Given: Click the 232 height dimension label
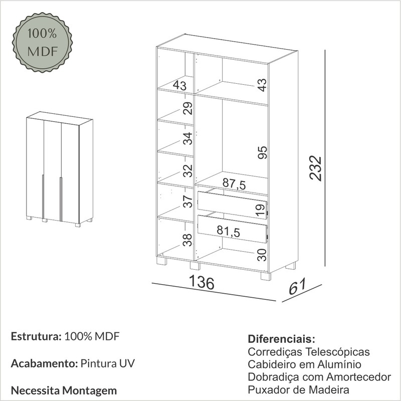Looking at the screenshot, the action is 315,168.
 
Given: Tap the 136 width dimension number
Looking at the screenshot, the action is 202,282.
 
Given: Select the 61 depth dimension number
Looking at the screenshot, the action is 297,286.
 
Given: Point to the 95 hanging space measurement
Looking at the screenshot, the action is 262,152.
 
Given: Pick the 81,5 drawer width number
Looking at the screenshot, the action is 229,231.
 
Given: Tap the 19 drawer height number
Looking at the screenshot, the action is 260,211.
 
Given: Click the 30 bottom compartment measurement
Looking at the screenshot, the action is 262,255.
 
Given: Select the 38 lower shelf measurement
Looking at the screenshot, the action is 187,240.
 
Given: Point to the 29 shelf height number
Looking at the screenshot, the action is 187,108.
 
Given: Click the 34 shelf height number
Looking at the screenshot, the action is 187,139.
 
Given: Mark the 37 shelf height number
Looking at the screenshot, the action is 187,202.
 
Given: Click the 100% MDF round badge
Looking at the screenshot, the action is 42,42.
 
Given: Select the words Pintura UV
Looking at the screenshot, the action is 107,363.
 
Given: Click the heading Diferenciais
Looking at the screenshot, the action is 281,339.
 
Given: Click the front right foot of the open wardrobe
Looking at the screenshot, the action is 266,277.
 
